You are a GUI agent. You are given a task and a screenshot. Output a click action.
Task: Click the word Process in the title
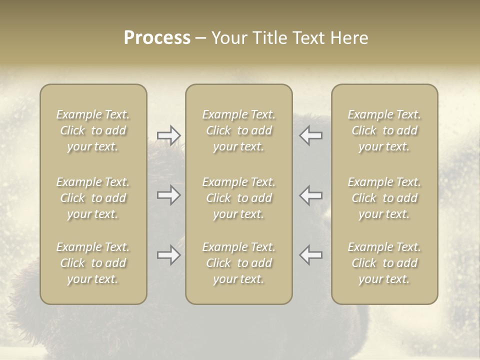point(157,38)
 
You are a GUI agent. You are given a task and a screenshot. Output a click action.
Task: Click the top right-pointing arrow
point(168,135)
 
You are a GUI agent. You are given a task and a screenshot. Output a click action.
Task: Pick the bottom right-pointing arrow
point(168,255)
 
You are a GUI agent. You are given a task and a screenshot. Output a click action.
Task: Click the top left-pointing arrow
point(311,135)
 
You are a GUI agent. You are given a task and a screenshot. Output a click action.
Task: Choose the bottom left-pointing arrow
point(311,255)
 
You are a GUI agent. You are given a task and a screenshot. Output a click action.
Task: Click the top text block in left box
point(93,130)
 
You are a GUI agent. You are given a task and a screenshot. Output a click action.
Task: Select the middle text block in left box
point(93,198)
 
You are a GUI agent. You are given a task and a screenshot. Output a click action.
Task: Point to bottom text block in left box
point(93,263)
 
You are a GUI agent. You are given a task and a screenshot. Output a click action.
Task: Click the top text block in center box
point(238,130)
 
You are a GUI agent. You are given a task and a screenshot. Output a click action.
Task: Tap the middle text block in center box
point(238,198)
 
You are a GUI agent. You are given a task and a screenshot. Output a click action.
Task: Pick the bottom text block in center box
point(238,263)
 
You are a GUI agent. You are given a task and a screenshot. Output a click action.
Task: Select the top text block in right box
point(384,130)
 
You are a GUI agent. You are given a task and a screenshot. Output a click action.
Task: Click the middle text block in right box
point(384,198)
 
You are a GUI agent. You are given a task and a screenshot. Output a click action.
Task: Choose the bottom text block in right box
point(384,263)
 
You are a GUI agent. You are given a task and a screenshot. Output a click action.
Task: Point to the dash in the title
point(201,38)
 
